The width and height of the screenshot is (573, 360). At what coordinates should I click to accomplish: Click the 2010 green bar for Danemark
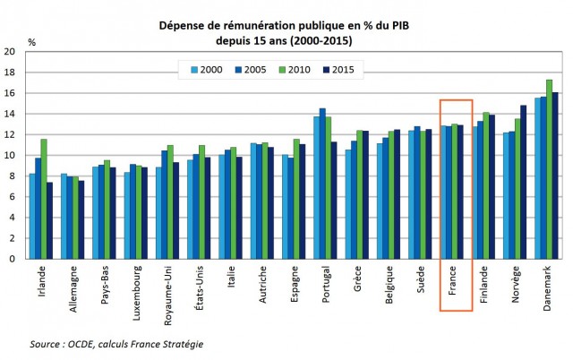(x=549, y=169)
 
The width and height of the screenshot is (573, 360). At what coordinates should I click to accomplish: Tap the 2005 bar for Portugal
(x=322, y=184)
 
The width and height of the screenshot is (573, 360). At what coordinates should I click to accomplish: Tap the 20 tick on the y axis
(x=12, y=52)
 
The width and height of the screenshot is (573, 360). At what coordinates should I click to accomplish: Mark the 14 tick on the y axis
(x=12, y=114)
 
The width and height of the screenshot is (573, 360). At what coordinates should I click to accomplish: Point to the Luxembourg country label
(x=132, y=296)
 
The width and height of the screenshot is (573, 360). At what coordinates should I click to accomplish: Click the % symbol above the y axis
(x=32, y=42)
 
